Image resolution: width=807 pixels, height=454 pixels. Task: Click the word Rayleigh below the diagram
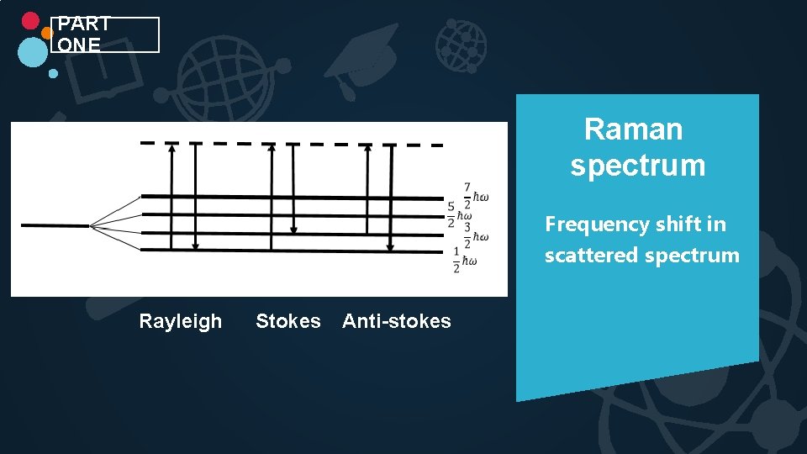point(180,321)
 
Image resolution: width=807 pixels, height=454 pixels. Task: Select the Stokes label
point(287,321)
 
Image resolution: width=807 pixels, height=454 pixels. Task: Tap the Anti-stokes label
point(396,321)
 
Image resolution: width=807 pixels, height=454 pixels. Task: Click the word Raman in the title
point(633,129)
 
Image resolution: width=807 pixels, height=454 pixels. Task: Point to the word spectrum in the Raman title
point(637,166)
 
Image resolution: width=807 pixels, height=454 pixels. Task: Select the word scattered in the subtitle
point(586,256)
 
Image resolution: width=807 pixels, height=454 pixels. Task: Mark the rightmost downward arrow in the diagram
point(390,197)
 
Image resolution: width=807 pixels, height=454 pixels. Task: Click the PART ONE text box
point(105,34)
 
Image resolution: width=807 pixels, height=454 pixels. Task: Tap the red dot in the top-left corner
point(30,20)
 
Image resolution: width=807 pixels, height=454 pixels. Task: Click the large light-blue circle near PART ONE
point(33,52)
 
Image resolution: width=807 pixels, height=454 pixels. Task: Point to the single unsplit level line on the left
point(55,225)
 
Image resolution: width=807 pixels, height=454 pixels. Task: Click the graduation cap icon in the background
point(361,55)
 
